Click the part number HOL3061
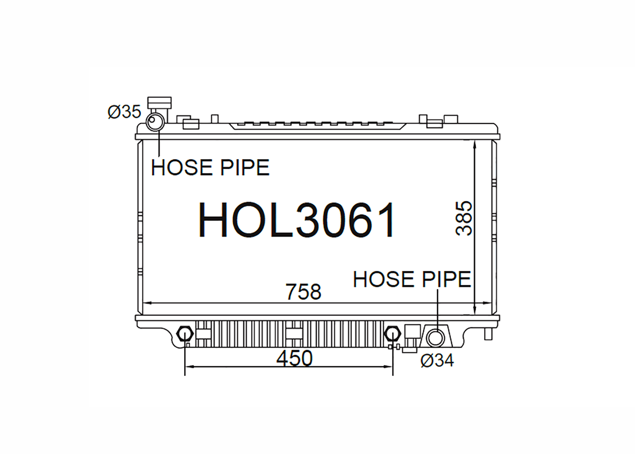[296, 220]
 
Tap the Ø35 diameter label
[124, 111]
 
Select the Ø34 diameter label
[437, 361]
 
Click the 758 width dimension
[304, 292]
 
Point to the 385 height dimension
[464, 218]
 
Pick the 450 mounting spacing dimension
[294, 358]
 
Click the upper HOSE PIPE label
[210, 167]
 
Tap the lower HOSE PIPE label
[411, 279]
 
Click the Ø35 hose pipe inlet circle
[155, 122]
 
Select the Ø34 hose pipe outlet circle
[435, 338]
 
